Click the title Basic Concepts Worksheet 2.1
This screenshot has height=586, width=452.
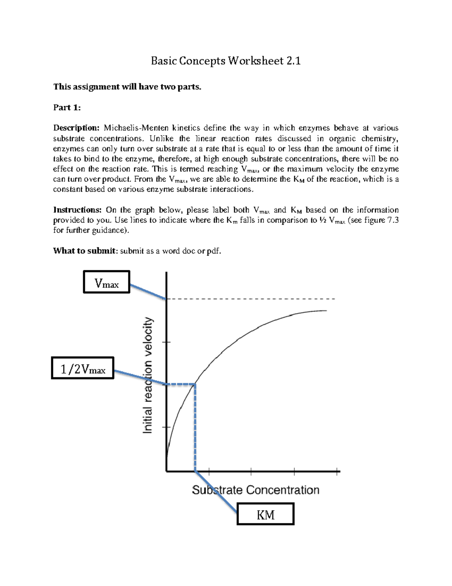(226, 61)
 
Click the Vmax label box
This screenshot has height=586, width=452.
(107, 282)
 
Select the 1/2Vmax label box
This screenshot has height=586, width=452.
(82, 368)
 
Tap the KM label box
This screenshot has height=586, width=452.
(266, 514)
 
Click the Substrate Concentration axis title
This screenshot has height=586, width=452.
(255, 490)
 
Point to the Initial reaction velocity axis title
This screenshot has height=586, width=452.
(148, 375)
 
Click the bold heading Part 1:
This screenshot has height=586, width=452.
(67, 108)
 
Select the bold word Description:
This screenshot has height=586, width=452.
(76, 128)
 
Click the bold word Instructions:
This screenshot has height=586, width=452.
(77, 210)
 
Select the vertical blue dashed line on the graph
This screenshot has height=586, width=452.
(195, 426)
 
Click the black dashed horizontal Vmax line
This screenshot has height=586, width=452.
(250, 299)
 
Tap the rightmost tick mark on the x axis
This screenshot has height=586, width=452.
(337, 471)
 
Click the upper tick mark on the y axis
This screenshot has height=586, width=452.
(166, 342)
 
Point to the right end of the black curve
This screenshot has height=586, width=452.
(325, 311)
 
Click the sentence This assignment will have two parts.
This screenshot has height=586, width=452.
(127, 87)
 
